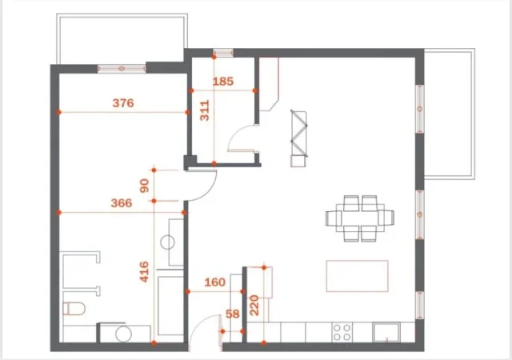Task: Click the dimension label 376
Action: (x=122, y=102)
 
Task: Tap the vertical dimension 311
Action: (x=204, y=109)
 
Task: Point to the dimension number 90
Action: (x=145, y=186)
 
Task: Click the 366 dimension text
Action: (x=120, y=203)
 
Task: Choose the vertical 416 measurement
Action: (x=145, y=274)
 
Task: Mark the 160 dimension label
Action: (x=214, y=282)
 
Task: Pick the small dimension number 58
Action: (x=233, y=314)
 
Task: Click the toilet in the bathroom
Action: (x=74, y=309)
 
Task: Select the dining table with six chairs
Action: (x=360, y=218)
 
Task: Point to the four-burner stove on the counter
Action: (x=343, y=332)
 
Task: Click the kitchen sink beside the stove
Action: (x=389, y=332)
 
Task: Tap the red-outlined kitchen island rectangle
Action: (x=357, y=277)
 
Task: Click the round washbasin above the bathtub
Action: (x=169, y=242)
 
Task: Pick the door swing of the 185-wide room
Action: (x=240, y=145)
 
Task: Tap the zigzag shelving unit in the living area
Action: (x=299, y=136)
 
